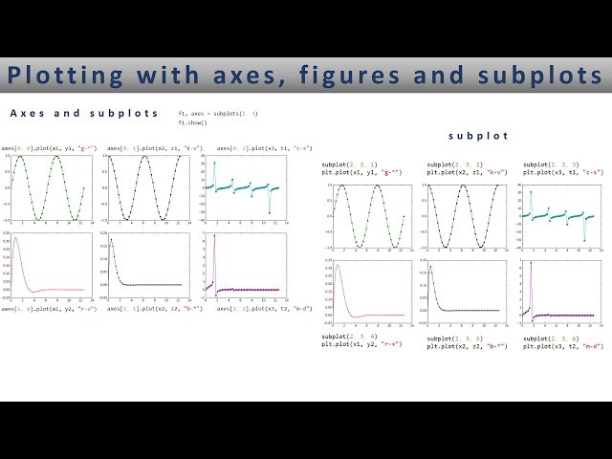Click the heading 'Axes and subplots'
point(84,113)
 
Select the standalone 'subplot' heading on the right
point(477,137)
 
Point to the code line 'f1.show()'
point(192,123)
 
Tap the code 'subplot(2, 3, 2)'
point(454,165)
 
